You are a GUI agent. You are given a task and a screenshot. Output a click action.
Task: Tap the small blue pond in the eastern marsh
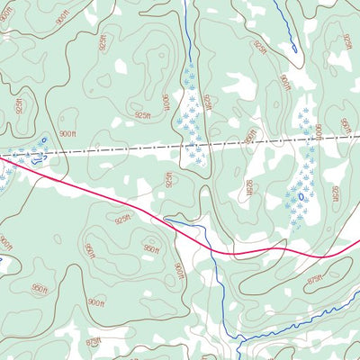click(300, 193)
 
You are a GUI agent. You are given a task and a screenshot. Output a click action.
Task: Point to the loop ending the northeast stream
click(292, 48)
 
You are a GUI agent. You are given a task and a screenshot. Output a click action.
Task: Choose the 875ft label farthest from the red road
click(93, 343)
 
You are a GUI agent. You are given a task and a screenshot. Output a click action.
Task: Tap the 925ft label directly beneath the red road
click(123, 217)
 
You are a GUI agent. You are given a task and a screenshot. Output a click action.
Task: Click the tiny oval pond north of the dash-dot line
click(44, 139)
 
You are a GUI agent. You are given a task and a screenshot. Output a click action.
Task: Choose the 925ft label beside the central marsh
click(207, 105)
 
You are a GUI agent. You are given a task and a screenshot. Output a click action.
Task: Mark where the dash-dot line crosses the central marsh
click(193, 146)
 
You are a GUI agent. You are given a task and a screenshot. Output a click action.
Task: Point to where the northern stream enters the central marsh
click(190, 63)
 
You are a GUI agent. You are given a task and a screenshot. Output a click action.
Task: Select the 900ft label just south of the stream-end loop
click(285, 82)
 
